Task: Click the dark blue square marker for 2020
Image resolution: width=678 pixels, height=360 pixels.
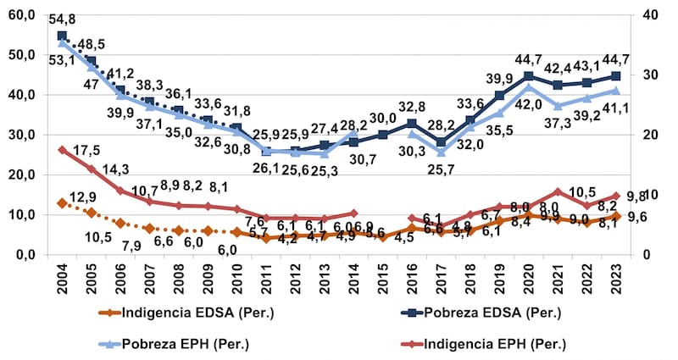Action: (529, 76)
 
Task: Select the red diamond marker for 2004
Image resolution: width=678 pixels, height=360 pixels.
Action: (62, 150)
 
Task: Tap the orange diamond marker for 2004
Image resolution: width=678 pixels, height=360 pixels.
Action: (62, 203)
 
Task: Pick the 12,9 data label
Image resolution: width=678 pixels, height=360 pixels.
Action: (83, 197)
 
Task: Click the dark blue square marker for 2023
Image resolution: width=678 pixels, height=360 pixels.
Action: (617, 76)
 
